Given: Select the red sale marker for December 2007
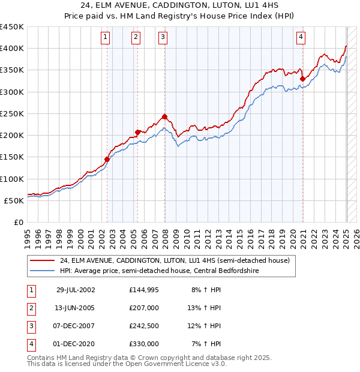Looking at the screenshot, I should coord(164,117).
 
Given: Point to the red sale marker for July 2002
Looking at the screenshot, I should coord(107,159).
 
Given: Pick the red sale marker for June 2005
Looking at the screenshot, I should coord(137,132).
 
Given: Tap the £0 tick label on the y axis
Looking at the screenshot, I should coord(19,222).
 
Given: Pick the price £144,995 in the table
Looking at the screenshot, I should coord(144,289).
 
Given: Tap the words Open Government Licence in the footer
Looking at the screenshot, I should coord(181,364).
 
